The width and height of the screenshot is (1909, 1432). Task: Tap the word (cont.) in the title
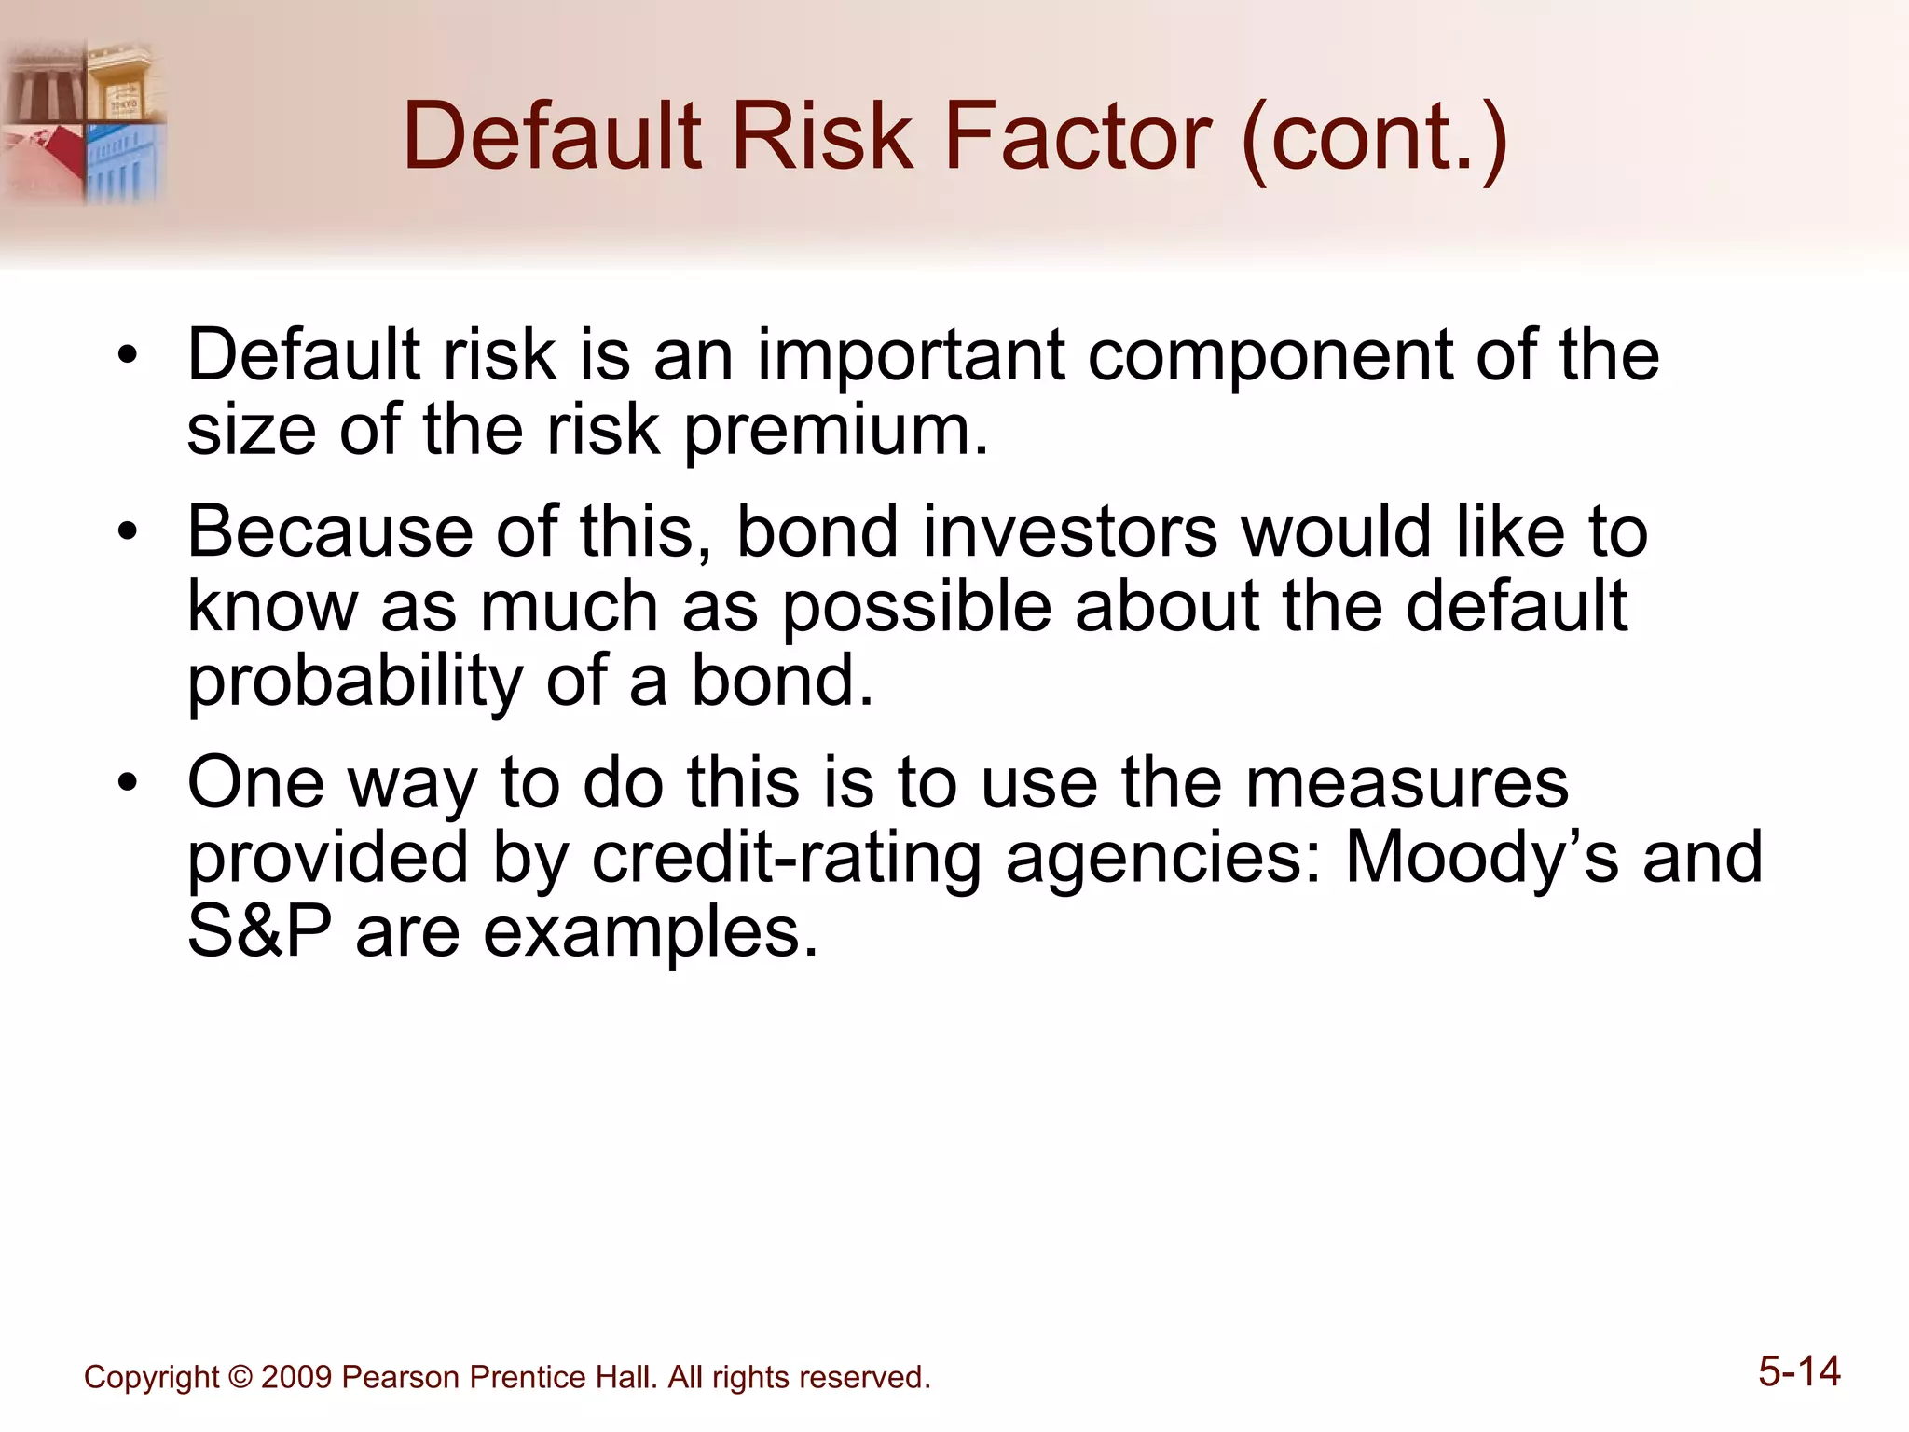[x=1374, y=137]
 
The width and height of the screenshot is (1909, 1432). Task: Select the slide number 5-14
[x=1799, y=1371]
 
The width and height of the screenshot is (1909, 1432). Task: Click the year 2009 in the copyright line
[x=296, y=1377]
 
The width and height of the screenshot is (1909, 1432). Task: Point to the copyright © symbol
[x=240, y=1377]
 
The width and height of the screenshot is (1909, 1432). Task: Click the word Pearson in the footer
[x=401, y=1377]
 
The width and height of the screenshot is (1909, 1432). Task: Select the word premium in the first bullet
[x=835, y=432]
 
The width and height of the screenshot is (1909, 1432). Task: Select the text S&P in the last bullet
[x=259, y=931]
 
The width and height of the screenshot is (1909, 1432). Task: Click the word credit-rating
[x=787, y=858]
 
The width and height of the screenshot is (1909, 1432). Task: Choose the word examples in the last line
[x=651, y=933]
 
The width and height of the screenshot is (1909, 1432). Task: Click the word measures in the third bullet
[x=1407, y=783]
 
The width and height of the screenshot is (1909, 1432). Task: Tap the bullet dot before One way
[x=128, y=784]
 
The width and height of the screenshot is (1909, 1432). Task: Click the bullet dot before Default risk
[x=128, y=356]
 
